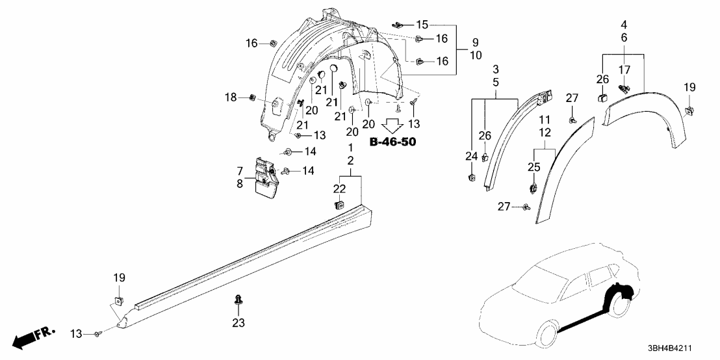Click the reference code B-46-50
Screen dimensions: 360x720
pos(392,141)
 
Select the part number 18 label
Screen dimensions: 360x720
pos(231,97)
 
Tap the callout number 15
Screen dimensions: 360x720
pos(422,25)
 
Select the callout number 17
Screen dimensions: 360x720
pos(624,70)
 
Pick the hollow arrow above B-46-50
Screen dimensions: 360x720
pos(392,125)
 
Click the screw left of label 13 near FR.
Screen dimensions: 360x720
pos(97,334)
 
